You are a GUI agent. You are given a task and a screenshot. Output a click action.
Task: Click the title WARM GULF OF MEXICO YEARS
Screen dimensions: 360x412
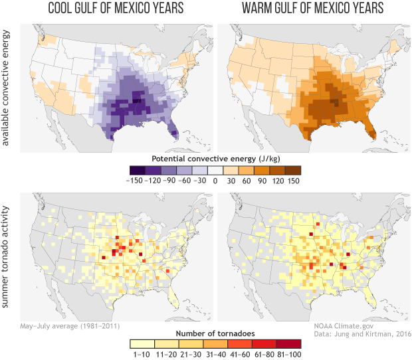coord(311,9)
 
